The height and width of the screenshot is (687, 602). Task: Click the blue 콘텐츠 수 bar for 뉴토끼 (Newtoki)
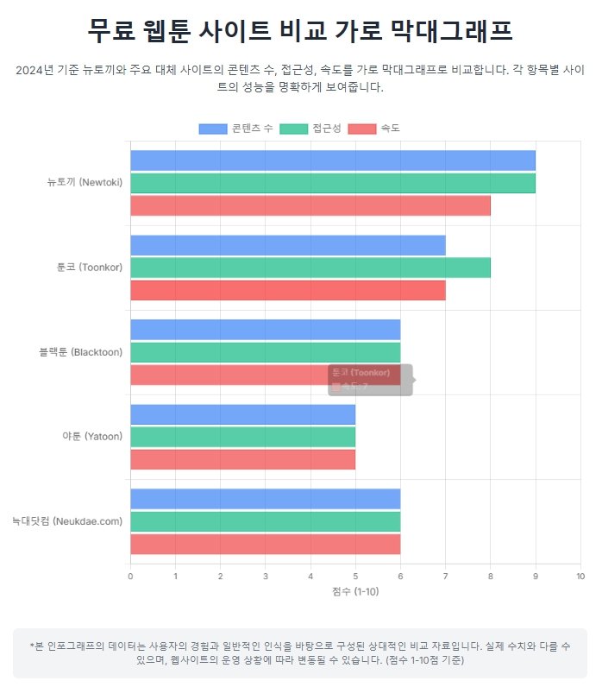pyautogui.click(x=332, y=161)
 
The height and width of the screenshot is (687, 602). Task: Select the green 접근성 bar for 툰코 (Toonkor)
pyautogui.click(x=310, y=268)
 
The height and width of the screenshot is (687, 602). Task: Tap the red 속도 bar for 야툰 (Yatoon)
pyautogui.click(x=242, y=459)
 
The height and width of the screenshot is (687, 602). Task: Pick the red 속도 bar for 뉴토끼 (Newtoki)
pyautogui.click(x=310, y=205)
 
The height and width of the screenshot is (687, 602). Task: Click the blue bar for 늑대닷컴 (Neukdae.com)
pyautogui.click(x=265, y=499)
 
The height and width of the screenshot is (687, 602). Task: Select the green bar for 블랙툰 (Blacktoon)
pyautogui.click(x=265, y=352)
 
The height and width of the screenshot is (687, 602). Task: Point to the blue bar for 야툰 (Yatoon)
pyautogui.click(x=242, y=414)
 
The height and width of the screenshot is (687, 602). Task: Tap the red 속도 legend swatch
pyautogui.click(x=364, y=129)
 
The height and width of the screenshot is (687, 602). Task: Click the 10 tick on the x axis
pyautogui.click(x=580, y=577)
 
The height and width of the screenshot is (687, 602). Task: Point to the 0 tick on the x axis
pyautogui.click(x=130, y=577)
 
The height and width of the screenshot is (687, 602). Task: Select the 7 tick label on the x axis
pyautogui.click(x=445, y=577)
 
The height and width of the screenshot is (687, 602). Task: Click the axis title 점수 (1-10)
pyautogui.click(x=355, y=591)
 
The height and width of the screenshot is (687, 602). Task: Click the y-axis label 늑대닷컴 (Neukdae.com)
pyautogui.click(x=67, y=521)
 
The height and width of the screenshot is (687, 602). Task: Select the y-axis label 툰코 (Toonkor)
pyautogui.click(x=90, y=268)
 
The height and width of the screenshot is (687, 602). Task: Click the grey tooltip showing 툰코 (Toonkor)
pyautogui.click(x=369, y=380)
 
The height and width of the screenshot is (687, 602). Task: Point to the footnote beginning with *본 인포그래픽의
pyautogui.click(x=300, y=652)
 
